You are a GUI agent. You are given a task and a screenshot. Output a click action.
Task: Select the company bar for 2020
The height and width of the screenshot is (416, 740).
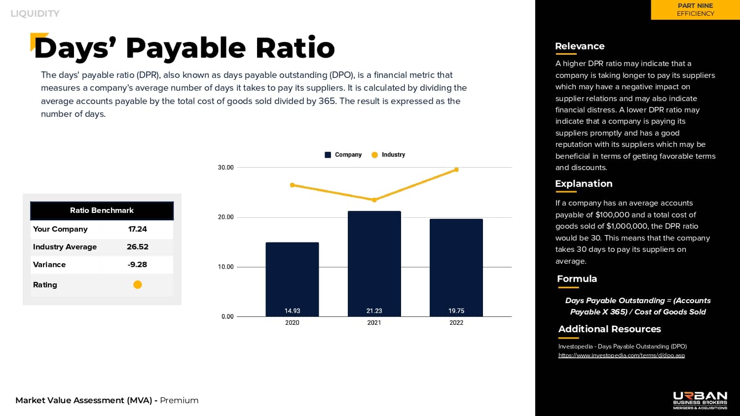(292, 279)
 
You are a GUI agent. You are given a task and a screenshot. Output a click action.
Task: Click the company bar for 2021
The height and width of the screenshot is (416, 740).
(374, 264)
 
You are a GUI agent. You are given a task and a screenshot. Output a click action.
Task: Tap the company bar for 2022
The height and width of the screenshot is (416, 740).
(456, 268)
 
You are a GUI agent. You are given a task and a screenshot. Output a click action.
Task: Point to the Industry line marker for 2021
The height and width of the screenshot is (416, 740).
(374, 200)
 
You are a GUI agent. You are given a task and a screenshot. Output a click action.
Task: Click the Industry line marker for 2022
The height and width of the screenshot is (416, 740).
(456, 170)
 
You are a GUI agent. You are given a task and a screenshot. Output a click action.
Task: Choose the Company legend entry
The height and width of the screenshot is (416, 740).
(343, 155)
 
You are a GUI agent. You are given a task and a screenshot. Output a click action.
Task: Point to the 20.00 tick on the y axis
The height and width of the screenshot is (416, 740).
(226, 217)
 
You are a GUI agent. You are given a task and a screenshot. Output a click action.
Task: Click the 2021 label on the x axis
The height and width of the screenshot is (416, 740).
(374, 323)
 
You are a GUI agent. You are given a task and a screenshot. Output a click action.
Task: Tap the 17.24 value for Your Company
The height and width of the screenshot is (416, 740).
(138, 229)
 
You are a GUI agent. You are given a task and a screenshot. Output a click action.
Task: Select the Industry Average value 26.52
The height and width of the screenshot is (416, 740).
(138, 247)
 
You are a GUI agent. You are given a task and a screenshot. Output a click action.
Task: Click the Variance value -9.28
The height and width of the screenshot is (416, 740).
(138, 265)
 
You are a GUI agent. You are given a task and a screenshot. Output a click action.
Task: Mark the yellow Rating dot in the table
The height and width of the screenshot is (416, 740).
(138, 284)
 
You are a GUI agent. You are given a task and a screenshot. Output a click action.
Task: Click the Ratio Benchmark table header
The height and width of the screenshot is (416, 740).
(102, 210)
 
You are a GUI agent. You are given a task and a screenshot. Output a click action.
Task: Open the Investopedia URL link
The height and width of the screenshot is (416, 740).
(621, 355)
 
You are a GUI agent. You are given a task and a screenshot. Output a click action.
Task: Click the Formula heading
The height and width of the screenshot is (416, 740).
(577, 279)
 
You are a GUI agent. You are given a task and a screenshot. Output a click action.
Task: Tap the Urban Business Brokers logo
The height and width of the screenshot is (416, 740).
(700, 400)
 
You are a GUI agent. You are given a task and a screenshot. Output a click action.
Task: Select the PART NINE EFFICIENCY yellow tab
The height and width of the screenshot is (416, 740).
(695, 10)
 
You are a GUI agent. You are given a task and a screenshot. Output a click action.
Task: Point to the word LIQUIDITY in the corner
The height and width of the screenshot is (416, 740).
(35, 14)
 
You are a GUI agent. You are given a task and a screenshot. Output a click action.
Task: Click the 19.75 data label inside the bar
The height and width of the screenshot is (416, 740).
(456, 311)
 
